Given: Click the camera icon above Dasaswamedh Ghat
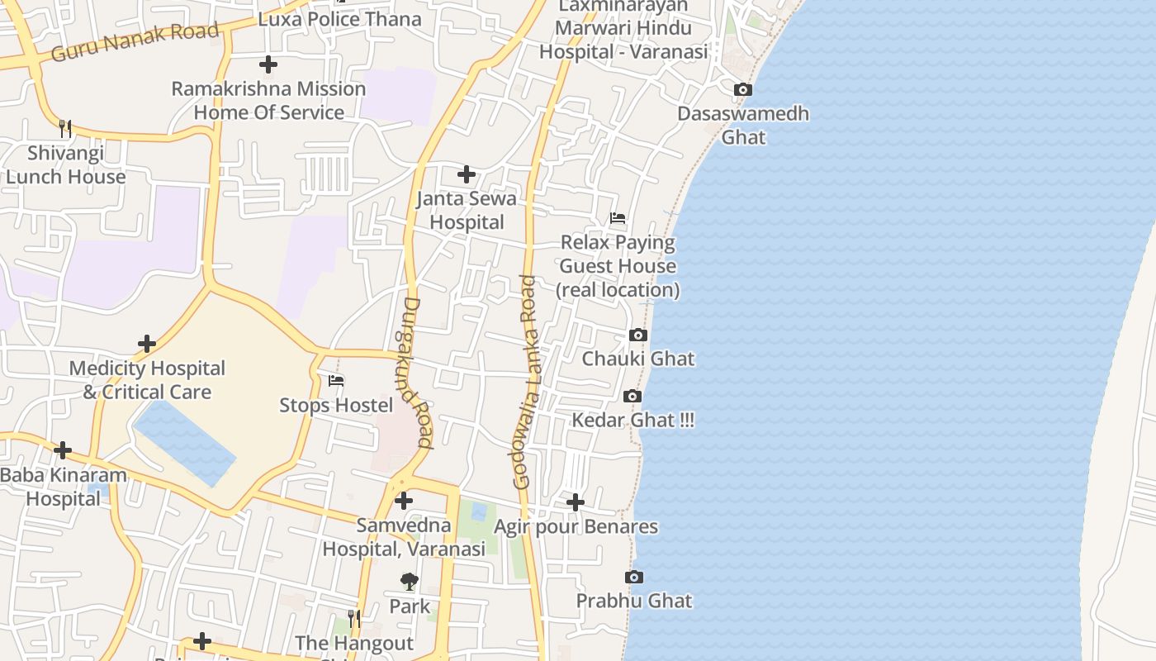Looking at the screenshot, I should pos(743,89).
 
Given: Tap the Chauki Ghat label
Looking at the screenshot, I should pos(638,359).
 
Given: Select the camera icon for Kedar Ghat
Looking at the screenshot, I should pos(632,397).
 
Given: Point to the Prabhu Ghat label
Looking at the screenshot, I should pos(634,601).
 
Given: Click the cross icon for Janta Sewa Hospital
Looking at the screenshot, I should pos(467,174).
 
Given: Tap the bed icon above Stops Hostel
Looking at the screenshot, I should pos(336,381).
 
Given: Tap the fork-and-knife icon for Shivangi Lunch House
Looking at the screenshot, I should pos(65,128).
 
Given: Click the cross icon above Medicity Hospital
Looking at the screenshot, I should pos(147,344).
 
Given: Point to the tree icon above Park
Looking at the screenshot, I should pos(410,582).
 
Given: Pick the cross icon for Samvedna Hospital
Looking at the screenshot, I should pos(404,501).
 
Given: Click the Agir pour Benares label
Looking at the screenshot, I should pos(576,526).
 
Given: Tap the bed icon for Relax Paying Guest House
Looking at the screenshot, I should pos(618,218).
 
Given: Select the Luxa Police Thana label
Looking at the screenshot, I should pos(339,19).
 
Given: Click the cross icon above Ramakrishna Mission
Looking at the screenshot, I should pos(268,64).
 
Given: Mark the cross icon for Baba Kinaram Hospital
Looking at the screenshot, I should pos(63,451).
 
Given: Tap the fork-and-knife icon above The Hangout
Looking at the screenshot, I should pos(354,619).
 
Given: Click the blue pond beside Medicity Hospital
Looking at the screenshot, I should pos(184,443).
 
